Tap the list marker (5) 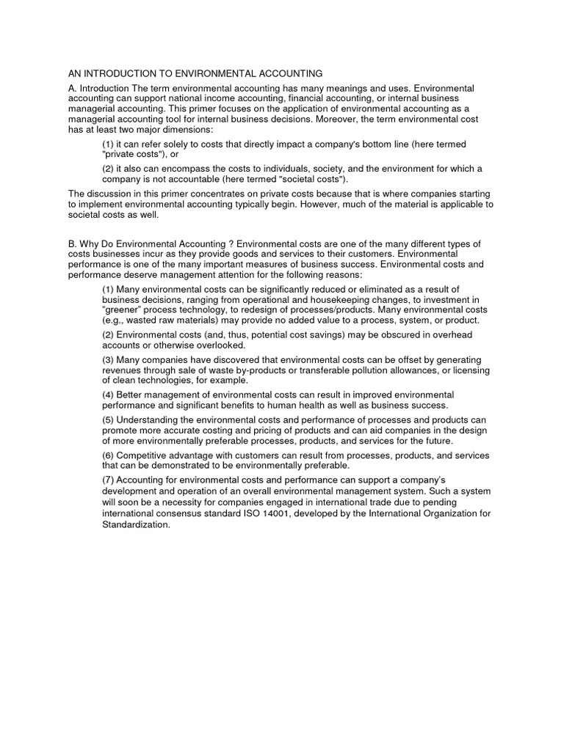[x=108, y=420]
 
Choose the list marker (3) [x=108, y=360]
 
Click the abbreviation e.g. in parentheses [x=115, y=320]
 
